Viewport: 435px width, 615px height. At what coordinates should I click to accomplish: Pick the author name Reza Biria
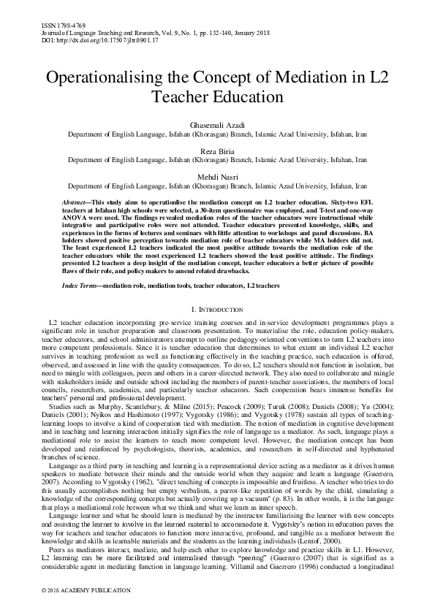pos(217,150)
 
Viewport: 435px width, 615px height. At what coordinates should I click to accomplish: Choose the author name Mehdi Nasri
pos(217,175)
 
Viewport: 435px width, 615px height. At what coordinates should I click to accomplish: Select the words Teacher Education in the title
pos(217,97)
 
